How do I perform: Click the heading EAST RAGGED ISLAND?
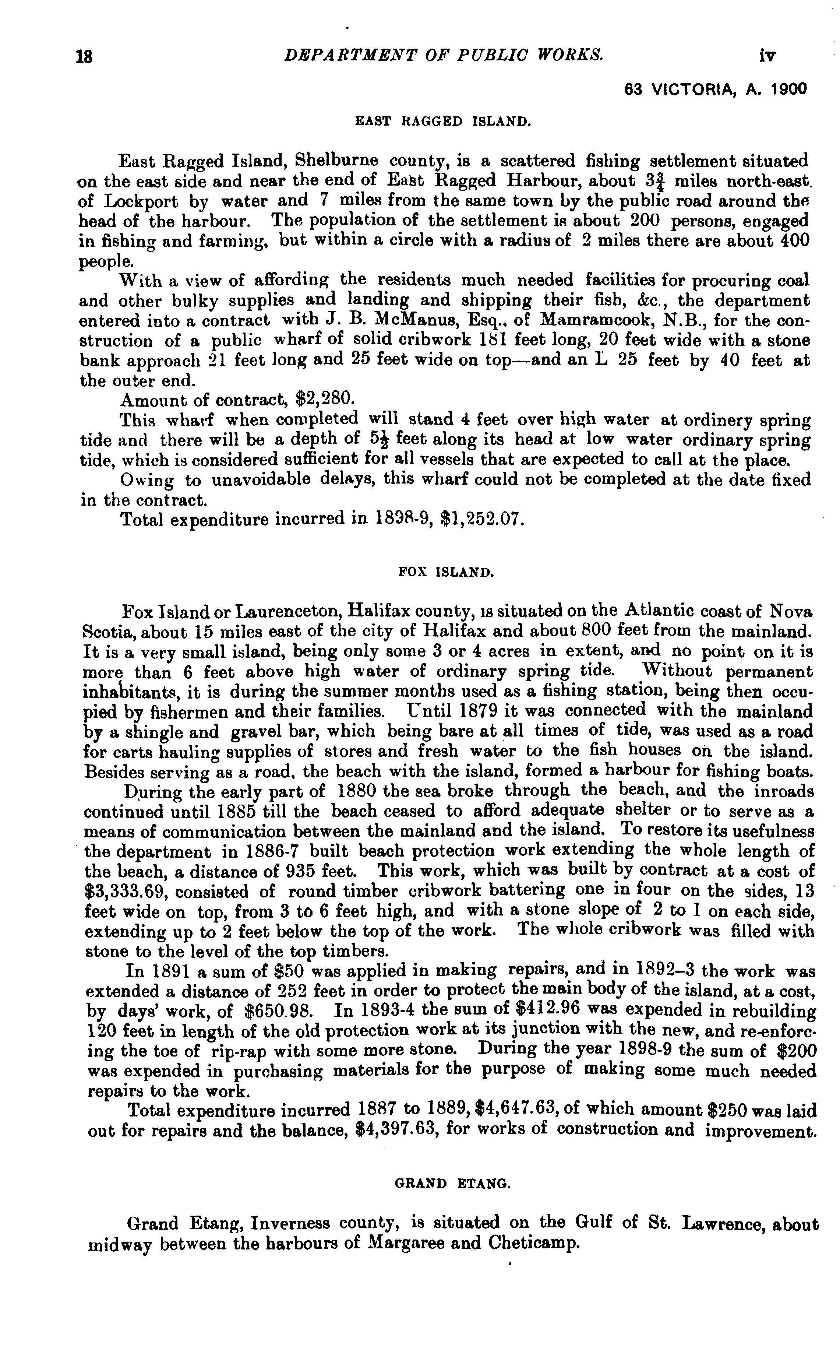(x=443, y=121)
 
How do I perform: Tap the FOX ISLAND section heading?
(x=446, y=571)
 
